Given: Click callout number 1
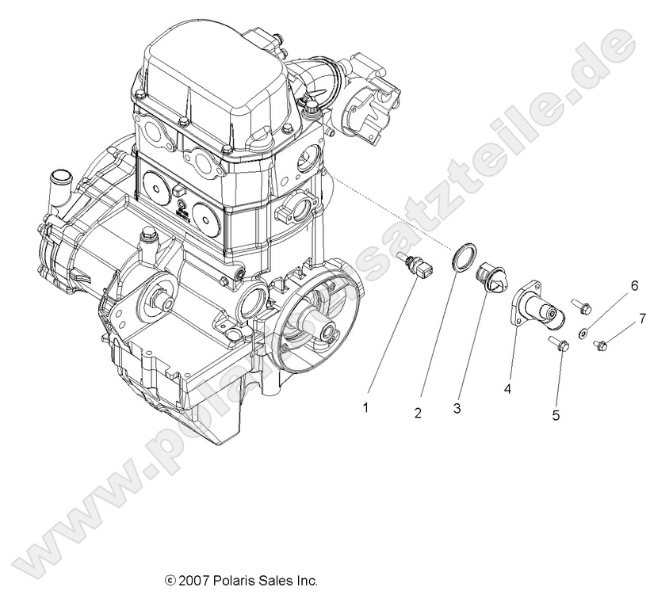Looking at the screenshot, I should point(366,408).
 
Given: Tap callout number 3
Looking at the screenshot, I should point(457,408).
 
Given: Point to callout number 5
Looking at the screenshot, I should point(556,414).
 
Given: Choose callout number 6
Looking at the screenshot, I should point(633,285).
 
